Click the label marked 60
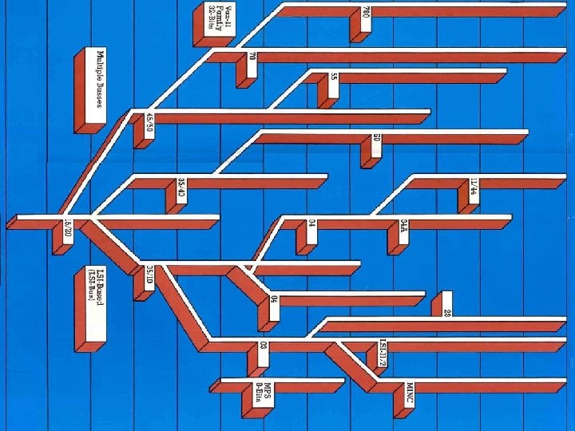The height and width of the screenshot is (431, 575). [376, 144]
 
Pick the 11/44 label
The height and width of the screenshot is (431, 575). [473, 191]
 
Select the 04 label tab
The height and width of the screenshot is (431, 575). [274, 300]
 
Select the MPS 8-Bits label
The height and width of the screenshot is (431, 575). [264, 392]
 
